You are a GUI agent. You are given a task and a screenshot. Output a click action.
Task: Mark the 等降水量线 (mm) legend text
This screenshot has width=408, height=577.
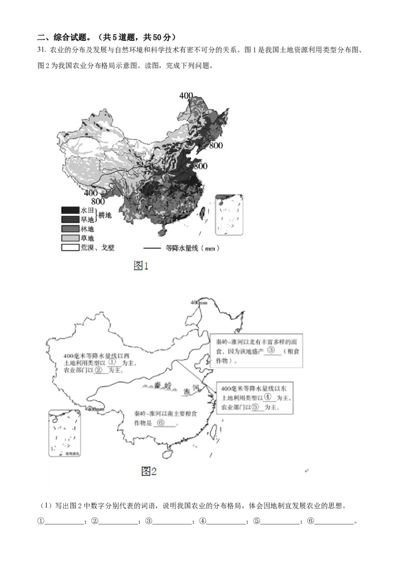point(189,249)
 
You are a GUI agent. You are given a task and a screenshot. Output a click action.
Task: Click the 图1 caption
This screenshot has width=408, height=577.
point(141,266)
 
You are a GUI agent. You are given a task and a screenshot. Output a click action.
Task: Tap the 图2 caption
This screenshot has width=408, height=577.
point(148,471)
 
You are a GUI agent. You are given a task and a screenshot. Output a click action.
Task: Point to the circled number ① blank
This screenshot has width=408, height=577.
point(113,361)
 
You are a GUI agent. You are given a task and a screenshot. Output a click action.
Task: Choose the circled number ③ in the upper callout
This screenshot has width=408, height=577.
point(271,351)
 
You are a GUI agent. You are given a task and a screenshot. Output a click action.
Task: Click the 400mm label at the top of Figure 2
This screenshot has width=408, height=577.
point(199,303)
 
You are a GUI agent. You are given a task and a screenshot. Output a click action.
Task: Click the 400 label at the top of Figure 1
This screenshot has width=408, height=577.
point(186,95)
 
